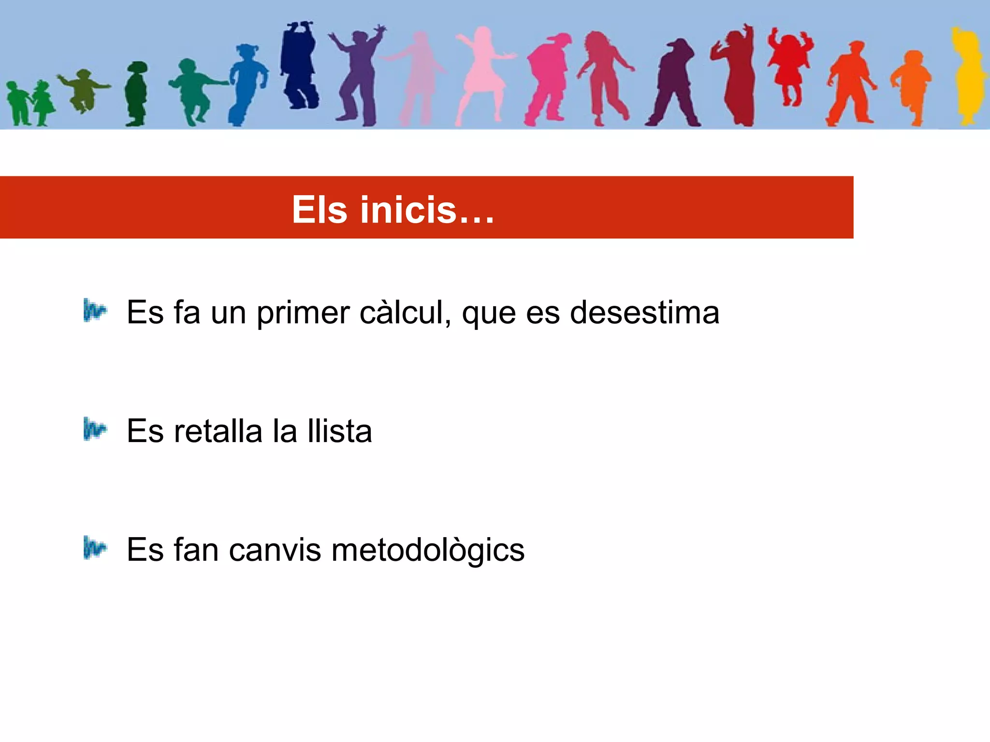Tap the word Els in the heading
pyautogui.click(x=320, y=210)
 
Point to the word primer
pyautogui.click(x=303, y=314)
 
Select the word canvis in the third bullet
pyautogui.click(x=275, y=550)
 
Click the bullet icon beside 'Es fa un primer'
pyautogui.click(x=94, y=311)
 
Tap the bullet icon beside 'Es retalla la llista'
pyautogui.click(x=94, y=429)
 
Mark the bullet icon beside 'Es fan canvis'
pyautogui.click(x=94, y=548)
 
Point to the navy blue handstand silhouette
pyautogui.click(x=299, y=65)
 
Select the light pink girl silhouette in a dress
pyautogui.click(x=481, y=72)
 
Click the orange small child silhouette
pyautogui.click(x=912, y=87)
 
